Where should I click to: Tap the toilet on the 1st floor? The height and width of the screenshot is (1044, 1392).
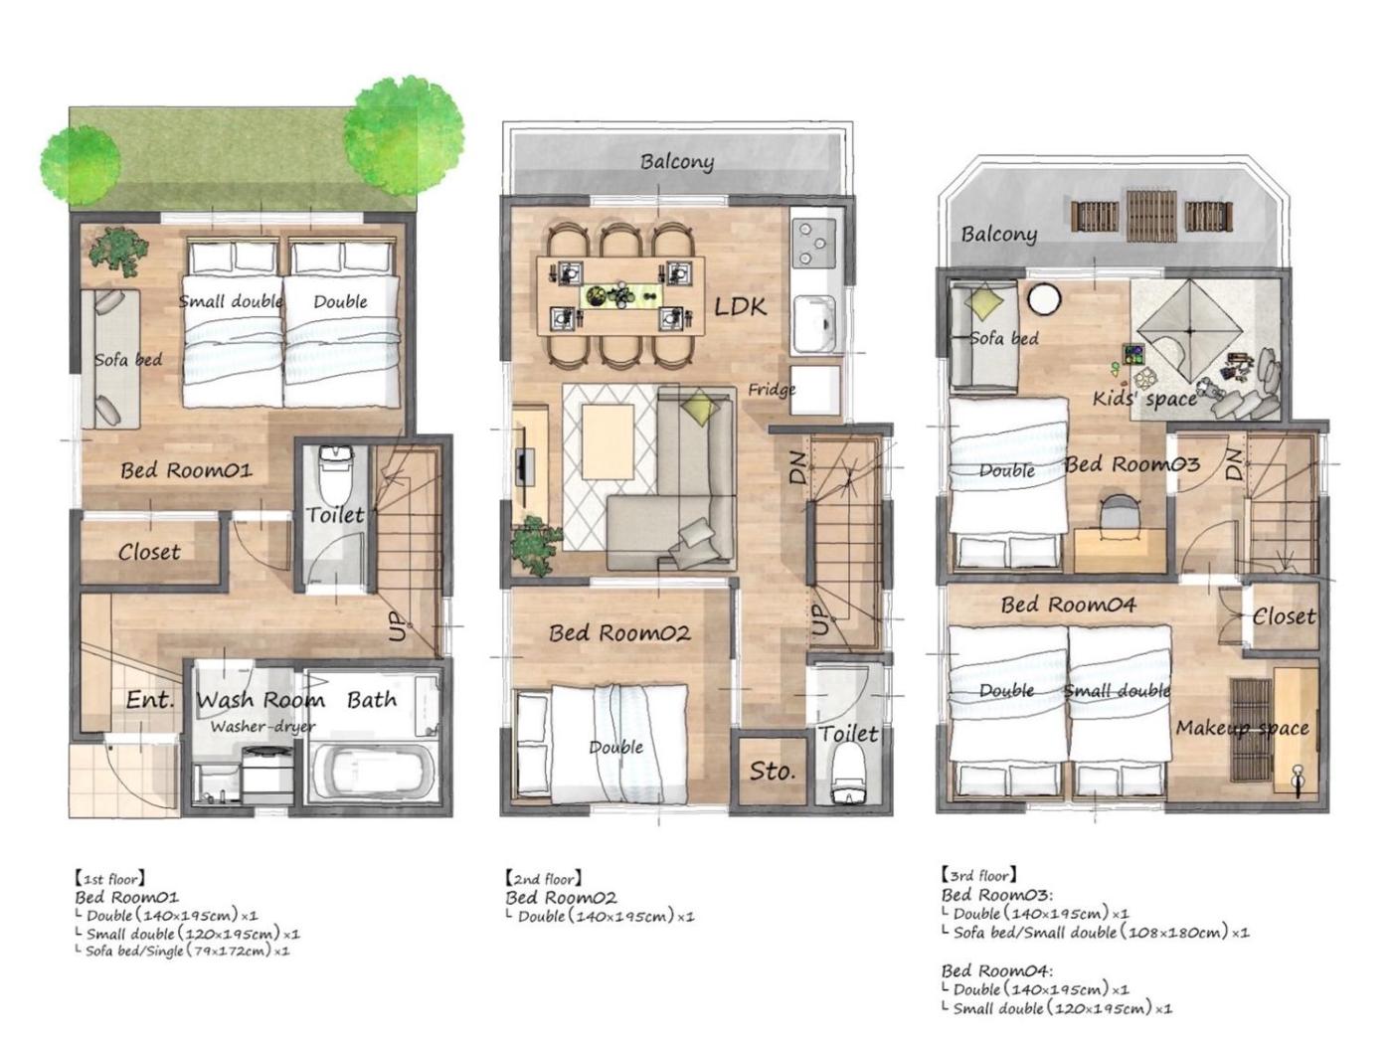pos(335,473)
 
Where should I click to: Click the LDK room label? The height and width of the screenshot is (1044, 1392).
pos(740,307)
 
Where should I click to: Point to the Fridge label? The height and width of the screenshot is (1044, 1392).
pos(771,389)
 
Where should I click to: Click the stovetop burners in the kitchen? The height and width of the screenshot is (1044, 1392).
pos(813,241)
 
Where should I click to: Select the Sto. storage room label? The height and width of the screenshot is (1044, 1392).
pos(772,771)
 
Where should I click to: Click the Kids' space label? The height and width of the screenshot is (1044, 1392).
pos(1144,399)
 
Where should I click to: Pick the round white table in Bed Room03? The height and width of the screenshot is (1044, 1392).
pos(1043,299)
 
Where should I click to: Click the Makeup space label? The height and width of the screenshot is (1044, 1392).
pos(1242,728)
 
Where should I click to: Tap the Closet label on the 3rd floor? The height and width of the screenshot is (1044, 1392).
pos(1284,616)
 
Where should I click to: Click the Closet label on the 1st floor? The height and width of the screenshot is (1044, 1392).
pos(149,552)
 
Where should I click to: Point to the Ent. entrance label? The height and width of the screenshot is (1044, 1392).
pos(150,700)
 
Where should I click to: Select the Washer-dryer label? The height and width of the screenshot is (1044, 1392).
pos(262,727)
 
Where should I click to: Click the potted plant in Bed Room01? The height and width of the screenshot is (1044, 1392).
pos(118,252)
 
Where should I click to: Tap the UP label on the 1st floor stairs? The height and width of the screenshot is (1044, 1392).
pos(397,626)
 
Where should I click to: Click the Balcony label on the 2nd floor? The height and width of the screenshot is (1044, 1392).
pos(676,162)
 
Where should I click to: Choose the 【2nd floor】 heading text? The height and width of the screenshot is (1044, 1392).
pos(544,878)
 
